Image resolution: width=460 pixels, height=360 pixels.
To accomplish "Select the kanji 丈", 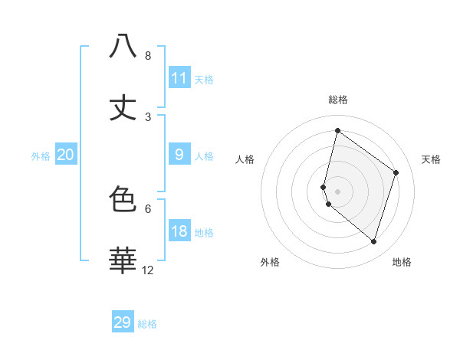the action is pyautogui.click(x=123, y=107).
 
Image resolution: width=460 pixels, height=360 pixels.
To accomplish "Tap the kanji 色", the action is pyautogui.click(x=123, y=199).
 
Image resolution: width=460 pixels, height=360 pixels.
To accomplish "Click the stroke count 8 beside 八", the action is pyautogui.click(x=148, y=56).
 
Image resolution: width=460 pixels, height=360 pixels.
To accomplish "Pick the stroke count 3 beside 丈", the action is pyautogui.click(x=148, y=117).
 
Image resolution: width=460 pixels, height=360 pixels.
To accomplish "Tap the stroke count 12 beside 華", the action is pyautogui.click(x=148, y=270).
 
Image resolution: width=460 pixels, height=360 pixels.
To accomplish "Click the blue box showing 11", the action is pyautogui.click(x=179, y=78).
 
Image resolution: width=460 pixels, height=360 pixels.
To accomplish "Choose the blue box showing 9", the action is pyautogui.click(x=179, y=155).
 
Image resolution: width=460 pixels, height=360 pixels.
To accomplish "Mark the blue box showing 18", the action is pyautogui.click(x=179, y=231).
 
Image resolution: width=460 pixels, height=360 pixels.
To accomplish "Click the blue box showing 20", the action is pyautogui.click(x=66, y=155).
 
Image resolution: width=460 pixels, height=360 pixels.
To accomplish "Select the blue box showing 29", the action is pyautogui.click(x=123, y=322).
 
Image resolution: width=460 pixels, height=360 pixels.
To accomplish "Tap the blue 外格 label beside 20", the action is pyautogui.click(x=41, y=156).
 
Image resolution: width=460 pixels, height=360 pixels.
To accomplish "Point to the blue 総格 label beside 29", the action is pyautogui.click(x=147, y=324).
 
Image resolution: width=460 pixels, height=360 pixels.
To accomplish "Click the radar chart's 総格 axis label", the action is pyautogui.click(x=337, y=100).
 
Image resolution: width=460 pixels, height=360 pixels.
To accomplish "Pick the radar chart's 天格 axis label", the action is pyautogui.click(x=432, y=159).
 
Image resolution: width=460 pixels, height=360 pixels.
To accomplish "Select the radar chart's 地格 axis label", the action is pyautogui.click(x=402, y=262).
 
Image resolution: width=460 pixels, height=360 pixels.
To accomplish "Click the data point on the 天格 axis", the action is pyautogui.click(x=396, y=172).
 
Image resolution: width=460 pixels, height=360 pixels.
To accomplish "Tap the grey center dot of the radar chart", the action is pyautogui.click(x=337, y=191).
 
